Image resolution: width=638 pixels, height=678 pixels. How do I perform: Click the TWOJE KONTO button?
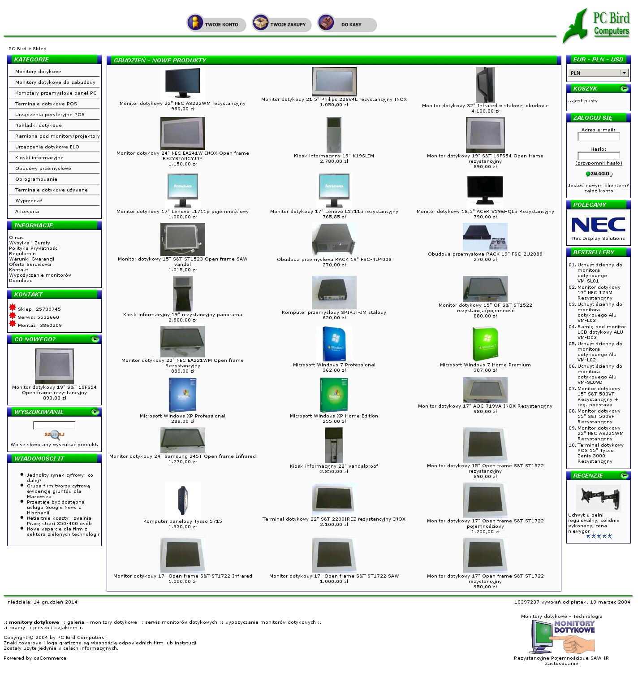tap(216, 24)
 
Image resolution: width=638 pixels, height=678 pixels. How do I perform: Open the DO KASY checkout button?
tap(347, 24)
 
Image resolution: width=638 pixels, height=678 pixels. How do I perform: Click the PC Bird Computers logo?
tap(597, 25)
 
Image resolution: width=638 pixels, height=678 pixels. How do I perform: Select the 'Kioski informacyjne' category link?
tap(39, 158)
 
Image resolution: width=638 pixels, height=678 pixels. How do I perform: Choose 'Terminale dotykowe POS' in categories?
tap(46, 104)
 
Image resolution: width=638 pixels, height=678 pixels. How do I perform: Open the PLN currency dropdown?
tap(598, 73)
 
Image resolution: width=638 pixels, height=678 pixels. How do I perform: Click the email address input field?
tap(598, 137)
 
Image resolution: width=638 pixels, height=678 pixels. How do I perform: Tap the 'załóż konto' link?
tap(599, 191)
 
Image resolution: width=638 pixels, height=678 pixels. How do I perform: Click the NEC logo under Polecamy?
tap(598, 225)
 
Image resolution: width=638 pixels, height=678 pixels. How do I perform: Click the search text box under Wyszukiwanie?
tap(54, 425)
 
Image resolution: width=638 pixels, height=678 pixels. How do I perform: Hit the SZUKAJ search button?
tap(54, 435)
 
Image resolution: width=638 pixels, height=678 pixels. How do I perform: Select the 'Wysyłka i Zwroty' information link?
tap(30, 243)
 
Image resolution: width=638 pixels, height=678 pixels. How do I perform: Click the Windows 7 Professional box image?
tap(334, 344)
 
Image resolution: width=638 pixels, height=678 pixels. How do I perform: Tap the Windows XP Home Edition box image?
tap(334, 395)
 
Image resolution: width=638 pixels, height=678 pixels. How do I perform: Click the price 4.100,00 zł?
tap(485, 111)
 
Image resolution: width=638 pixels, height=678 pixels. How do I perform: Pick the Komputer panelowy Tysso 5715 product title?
tap(182, 522)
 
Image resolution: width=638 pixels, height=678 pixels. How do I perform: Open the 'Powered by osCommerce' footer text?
tap(35, 658)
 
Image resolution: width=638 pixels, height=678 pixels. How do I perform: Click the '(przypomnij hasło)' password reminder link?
tap(599, 163)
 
